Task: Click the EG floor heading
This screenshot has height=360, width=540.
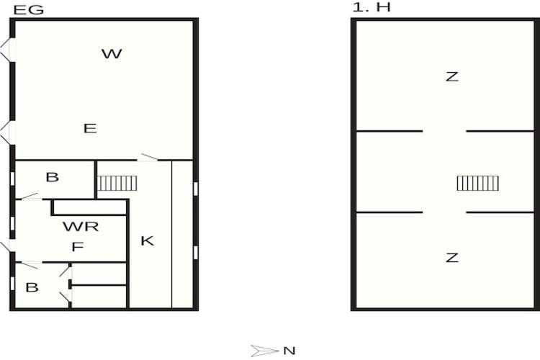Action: pos(29,9)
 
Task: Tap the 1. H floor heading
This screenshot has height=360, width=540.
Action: pos(372,7)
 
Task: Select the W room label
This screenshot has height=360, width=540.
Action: pos(112,54)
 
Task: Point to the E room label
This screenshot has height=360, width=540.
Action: pos(90,128)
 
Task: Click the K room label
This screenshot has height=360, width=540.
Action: pos(148,240)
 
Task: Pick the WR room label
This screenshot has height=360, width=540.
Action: pos(81,226)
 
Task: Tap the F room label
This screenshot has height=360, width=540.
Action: pos(78,247)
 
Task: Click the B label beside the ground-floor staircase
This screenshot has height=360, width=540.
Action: pos(53,177)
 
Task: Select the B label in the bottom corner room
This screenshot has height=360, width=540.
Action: pos(32,287)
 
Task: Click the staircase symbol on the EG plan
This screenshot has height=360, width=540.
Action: pos(117,184)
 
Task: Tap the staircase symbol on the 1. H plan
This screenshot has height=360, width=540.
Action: pos(477,184)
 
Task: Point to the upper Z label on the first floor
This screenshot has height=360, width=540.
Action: pos(452,76)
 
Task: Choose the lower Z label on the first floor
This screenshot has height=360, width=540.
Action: pos(452,257)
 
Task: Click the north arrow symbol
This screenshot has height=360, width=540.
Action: pos(264,351)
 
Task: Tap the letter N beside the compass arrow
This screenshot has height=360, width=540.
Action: pos(289,351)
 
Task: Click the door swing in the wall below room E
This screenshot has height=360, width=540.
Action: pos(149,158)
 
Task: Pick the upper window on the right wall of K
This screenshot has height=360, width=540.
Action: pos(196,189)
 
